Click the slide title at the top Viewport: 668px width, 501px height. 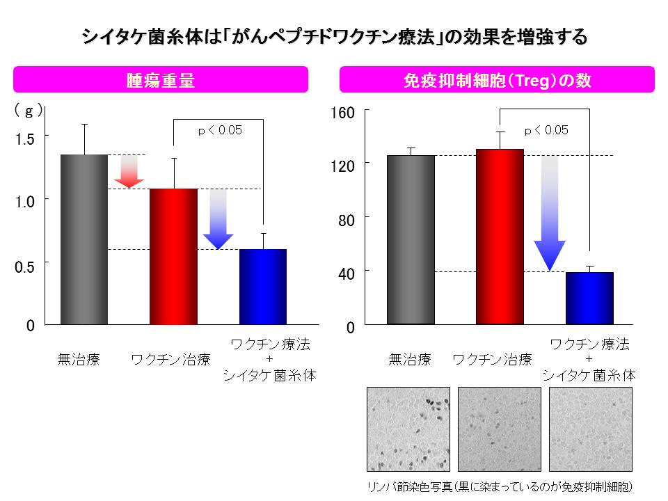(x=334, y=36)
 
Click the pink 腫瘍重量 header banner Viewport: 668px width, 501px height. (x=161, y=79)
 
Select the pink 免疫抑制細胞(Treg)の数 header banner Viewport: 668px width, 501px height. (x=497, y=80)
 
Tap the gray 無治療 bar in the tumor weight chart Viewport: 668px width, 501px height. (x=84, y=240)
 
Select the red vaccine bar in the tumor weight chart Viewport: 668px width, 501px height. (x=173, y=257)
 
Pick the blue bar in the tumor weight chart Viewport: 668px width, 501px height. (x=263, y=287)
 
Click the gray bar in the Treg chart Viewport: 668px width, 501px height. (x=411, y=240)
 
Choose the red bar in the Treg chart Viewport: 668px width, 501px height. (x=500, y=237)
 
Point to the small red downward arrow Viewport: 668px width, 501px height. (x=129, y=171)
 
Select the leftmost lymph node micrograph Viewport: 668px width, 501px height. (x=408, y=429)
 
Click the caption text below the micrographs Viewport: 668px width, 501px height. (x=499, y=485)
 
